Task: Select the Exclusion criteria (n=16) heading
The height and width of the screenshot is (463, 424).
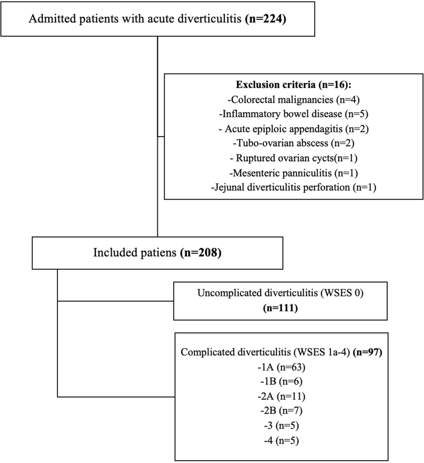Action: point(293,85)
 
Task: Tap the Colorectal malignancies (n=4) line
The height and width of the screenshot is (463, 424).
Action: point(293,99)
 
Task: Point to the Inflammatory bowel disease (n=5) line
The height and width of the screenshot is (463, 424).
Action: point(293,114)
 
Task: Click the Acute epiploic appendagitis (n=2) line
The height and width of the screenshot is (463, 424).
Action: point(293,129)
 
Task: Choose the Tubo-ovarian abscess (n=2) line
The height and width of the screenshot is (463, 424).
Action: point(293,143)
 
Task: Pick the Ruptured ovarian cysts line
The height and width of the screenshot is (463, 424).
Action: point(293,158)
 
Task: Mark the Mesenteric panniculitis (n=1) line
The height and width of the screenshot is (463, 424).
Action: point(293,173)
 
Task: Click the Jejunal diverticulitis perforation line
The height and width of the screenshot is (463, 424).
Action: point(293,187)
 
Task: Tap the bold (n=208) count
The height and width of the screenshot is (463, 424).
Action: point(201,253)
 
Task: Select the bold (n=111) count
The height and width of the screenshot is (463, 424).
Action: point(280,308)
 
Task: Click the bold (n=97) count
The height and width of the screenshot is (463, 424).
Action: point(368,352)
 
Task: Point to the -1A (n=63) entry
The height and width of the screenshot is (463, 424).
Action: point(282,367)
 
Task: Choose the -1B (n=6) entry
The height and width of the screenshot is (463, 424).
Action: point(282,382)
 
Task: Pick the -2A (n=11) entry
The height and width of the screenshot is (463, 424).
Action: point(282,396)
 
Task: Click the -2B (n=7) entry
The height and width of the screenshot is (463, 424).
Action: point(282,411)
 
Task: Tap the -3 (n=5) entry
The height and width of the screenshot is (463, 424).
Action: point(282,426)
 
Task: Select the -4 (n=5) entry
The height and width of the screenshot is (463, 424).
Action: point(282,440)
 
